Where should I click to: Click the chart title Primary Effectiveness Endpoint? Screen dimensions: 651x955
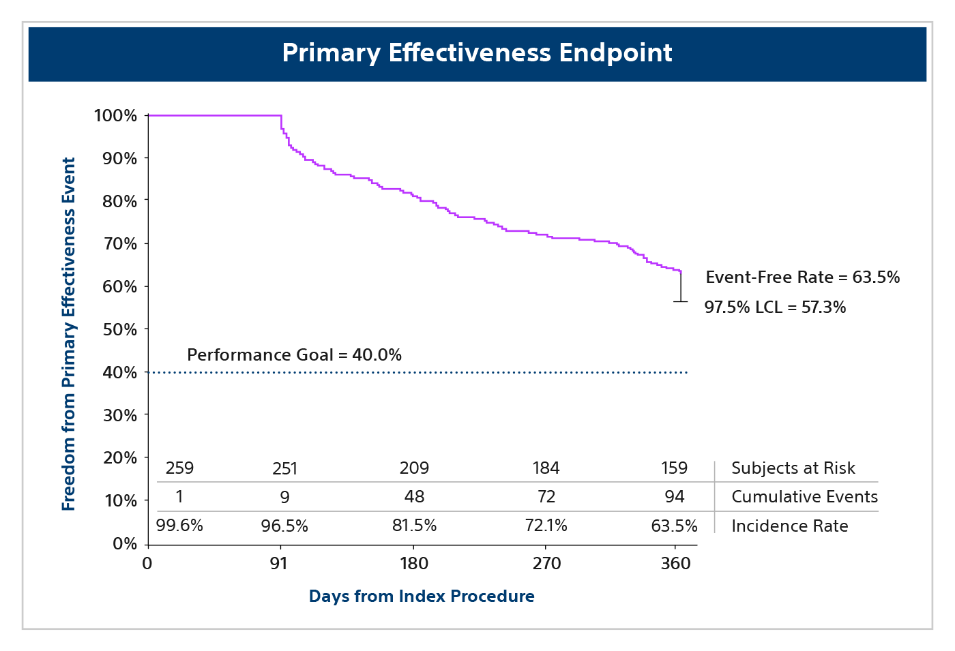477,53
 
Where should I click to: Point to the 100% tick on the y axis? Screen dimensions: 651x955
115,116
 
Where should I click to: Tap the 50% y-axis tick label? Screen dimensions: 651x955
119,330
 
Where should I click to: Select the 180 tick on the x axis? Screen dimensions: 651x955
413,564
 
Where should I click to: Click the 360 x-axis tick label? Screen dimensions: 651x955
675,564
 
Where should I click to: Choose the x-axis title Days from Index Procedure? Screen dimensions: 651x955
422,596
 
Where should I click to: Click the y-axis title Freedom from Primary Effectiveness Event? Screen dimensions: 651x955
69,334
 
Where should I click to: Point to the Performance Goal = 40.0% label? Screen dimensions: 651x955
294,355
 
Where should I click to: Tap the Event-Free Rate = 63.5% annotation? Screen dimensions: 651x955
802,277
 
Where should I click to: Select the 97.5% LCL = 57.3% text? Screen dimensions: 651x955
775,307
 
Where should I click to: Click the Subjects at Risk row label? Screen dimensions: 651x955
793,468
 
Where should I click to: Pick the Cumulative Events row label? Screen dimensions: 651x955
804,497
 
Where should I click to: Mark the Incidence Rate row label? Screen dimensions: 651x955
789,526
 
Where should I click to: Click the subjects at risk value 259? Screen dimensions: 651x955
179,468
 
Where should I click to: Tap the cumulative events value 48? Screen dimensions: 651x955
414,497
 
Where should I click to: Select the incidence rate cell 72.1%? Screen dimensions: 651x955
546,526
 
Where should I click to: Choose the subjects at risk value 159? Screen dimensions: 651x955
674,468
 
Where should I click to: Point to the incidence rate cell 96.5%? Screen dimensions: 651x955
284,526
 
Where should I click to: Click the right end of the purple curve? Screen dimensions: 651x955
681,272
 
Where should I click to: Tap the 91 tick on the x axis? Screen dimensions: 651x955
278,564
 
